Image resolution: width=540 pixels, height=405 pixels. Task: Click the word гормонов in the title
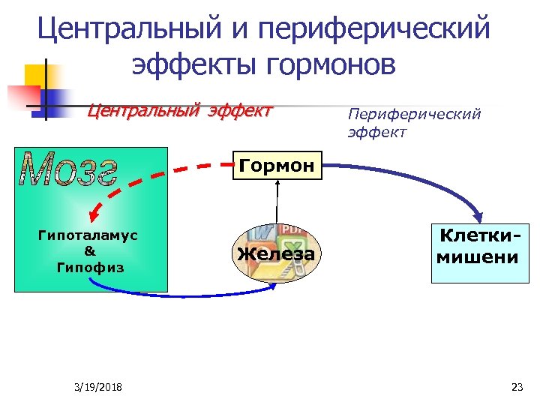pos(330,65)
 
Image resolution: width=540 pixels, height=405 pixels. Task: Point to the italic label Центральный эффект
pos(179,112)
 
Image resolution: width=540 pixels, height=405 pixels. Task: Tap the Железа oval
pos(276,253)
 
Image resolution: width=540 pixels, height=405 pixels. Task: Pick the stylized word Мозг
pos(70,169)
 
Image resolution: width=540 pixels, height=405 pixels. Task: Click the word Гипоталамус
pos(88,235)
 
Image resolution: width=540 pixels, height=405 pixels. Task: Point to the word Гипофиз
pos(89,267)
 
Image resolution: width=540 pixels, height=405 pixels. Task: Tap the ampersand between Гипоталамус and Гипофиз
pos(89,251)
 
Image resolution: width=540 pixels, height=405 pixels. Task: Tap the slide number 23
pos(516,387)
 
